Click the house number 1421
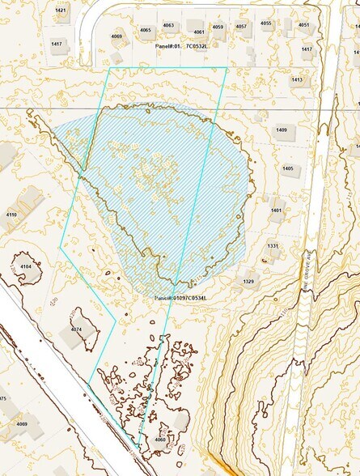point(61,10)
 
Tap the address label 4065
point(146,30)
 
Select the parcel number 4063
point(168,25)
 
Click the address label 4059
point(218,27)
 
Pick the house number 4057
point(241,26)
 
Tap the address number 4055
point(265,23)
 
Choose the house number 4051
point(303,25)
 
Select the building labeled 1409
point(282,130)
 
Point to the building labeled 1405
point(288,168)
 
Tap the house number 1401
point(276,210)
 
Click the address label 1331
point(273,245)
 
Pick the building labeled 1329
point(248,281)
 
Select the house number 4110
point(11,215)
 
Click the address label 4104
point(26,266)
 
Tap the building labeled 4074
point(76,330)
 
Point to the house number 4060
point(160,440)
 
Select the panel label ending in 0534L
point(181,298)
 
